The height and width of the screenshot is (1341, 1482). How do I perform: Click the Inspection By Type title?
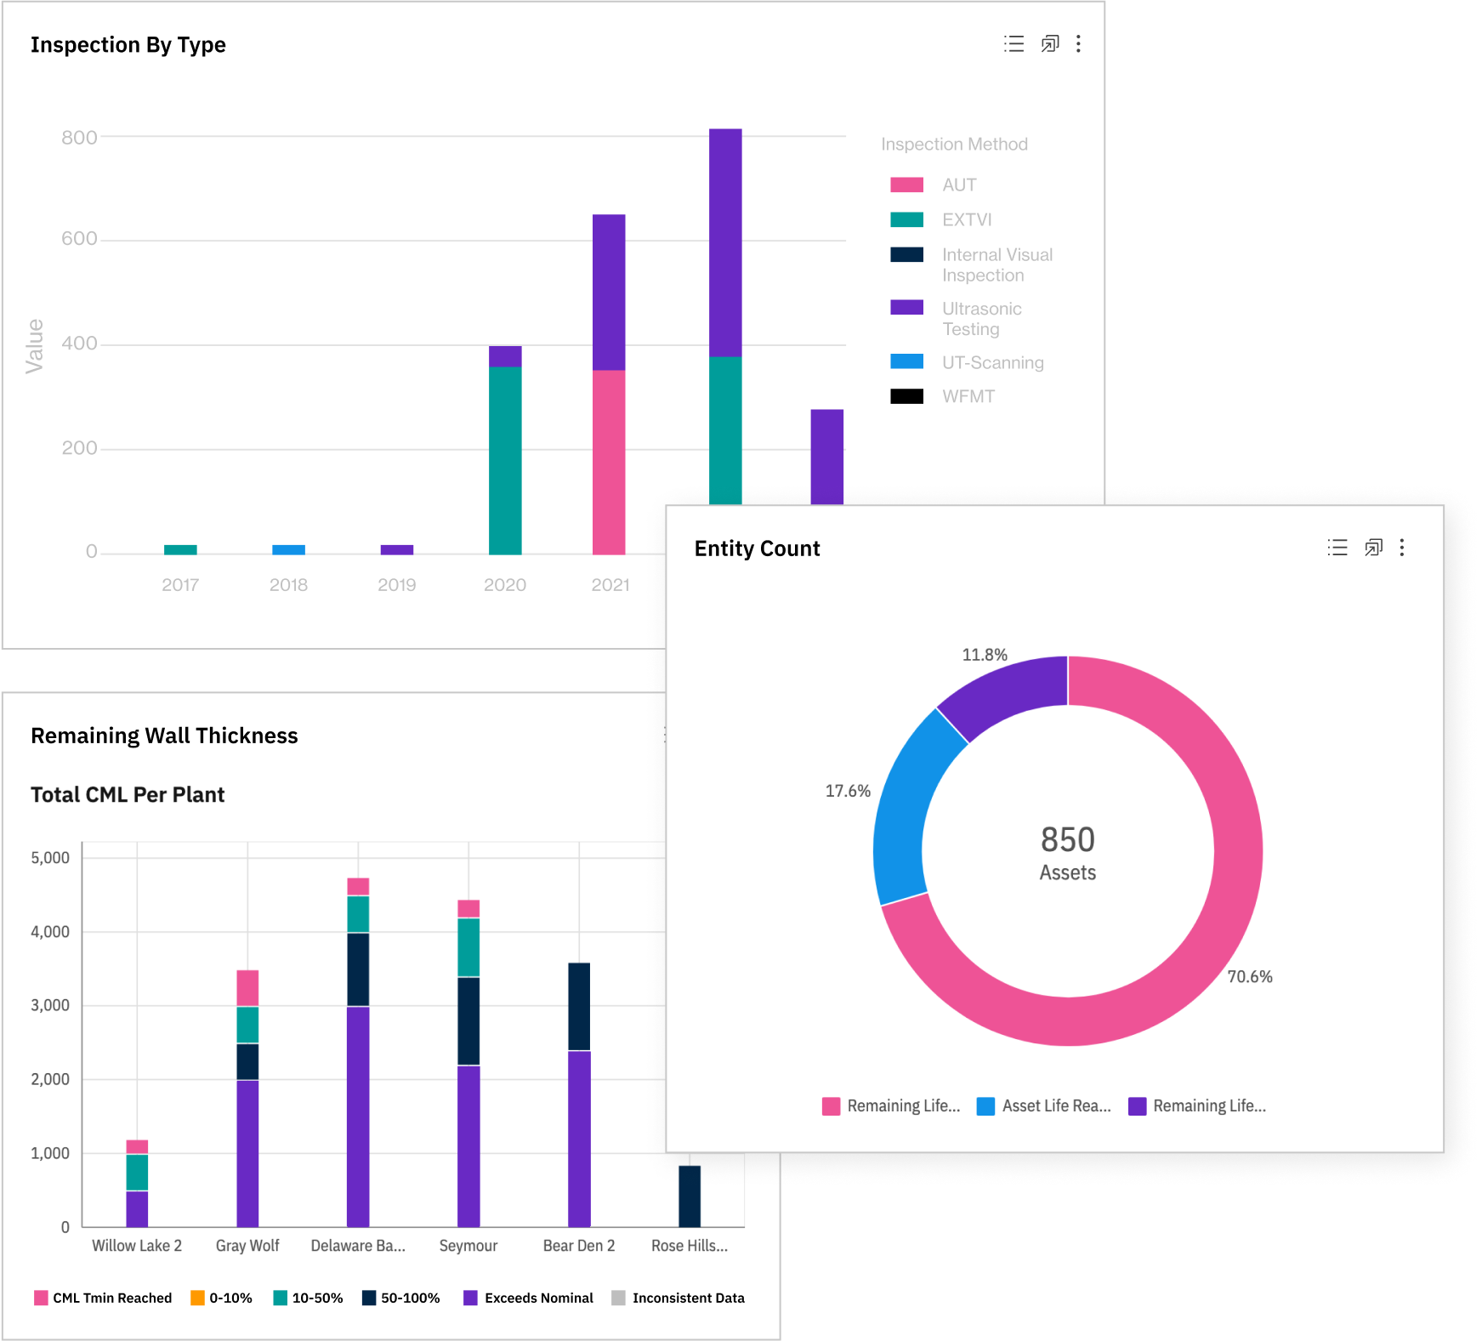(128, 45)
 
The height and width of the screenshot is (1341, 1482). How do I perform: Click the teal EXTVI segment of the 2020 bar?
(505, 460)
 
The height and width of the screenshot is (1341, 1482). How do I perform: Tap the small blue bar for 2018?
(288, 550)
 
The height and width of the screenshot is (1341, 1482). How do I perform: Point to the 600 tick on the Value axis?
(79, 239)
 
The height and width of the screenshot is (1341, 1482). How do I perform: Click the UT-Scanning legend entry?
(991, 362)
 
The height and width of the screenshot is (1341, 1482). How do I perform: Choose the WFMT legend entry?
(968, 396)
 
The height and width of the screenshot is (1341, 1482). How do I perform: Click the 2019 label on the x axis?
(396, 585)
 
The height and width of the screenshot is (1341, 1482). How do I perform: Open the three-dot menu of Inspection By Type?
(1078, 43)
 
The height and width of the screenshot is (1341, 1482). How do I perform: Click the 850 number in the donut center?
(1067, 840)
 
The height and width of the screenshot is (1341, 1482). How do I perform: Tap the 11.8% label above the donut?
(984, 655)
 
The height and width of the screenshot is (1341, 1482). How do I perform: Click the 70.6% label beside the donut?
(1249, 976)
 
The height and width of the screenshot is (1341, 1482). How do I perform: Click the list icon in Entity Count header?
(1337, 548)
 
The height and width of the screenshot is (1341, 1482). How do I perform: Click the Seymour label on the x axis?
(468, 1246)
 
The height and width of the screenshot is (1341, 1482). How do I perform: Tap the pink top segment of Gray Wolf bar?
(247, 987)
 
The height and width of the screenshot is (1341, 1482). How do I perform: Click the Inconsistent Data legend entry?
(687, 1298)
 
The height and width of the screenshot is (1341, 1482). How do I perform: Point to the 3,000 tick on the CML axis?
(50, 1005)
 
